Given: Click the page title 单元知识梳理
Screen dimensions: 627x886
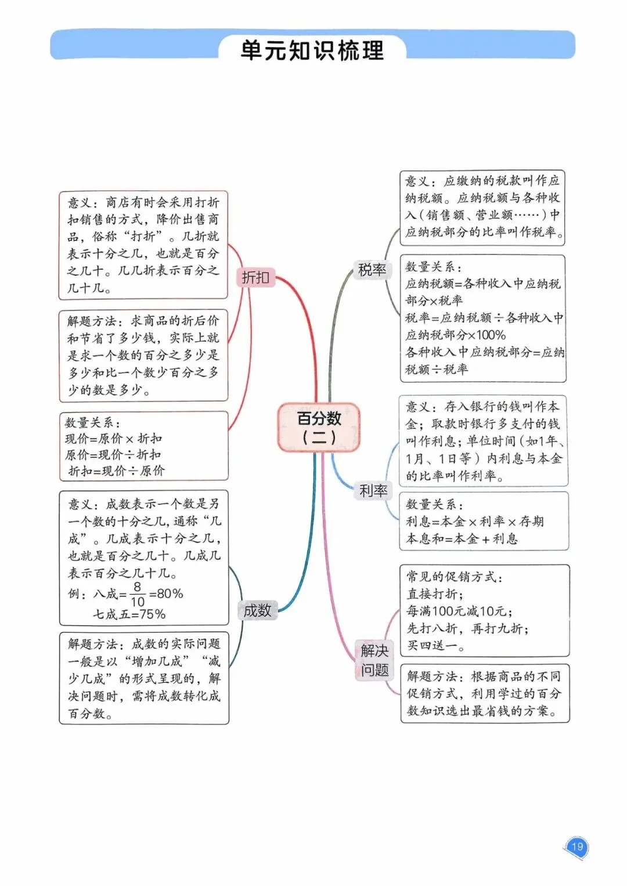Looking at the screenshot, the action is pos(312,50).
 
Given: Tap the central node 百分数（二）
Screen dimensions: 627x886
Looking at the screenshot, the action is pos(319,427).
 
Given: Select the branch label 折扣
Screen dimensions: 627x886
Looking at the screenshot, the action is pos(255,277).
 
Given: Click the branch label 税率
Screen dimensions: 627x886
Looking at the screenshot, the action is pos(372,270).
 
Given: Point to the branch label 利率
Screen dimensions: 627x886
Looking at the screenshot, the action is pos(373,491).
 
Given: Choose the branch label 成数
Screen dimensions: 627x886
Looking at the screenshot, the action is pos(257,610).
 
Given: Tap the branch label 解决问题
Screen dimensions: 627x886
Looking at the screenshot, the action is pos(374,660).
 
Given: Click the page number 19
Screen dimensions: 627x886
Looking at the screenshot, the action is pos(576,847).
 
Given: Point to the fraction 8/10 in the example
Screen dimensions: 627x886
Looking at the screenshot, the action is pos(137,594).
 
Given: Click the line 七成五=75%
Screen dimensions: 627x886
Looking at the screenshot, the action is pos(129,614).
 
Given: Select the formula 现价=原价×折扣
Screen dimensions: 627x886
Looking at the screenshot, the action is pos(114,439).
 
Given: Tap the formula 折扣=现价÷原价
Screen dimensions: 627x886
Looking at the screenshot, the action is pos(116,471).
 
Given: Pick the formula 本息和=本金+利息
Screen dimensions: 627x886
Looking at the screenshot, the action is pos(462,538).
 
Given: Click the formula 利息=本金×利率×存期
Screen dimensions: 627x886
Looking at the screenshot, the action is pos(475,521).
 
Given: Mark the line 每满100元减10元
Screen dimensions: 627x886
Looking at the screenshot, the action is pos(459,611).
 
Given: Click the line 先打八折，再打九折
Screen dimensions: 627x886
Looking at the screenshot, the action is pos(467,628).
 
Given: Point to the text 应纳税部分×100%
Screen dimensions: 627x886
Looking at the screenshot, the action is pos(456,335).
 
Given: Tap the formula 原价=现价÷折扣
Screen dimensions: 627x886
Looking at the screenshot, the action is pos(113,454).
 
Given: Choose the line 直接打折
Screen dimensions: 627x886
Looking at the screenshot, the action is pos(435,594).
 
